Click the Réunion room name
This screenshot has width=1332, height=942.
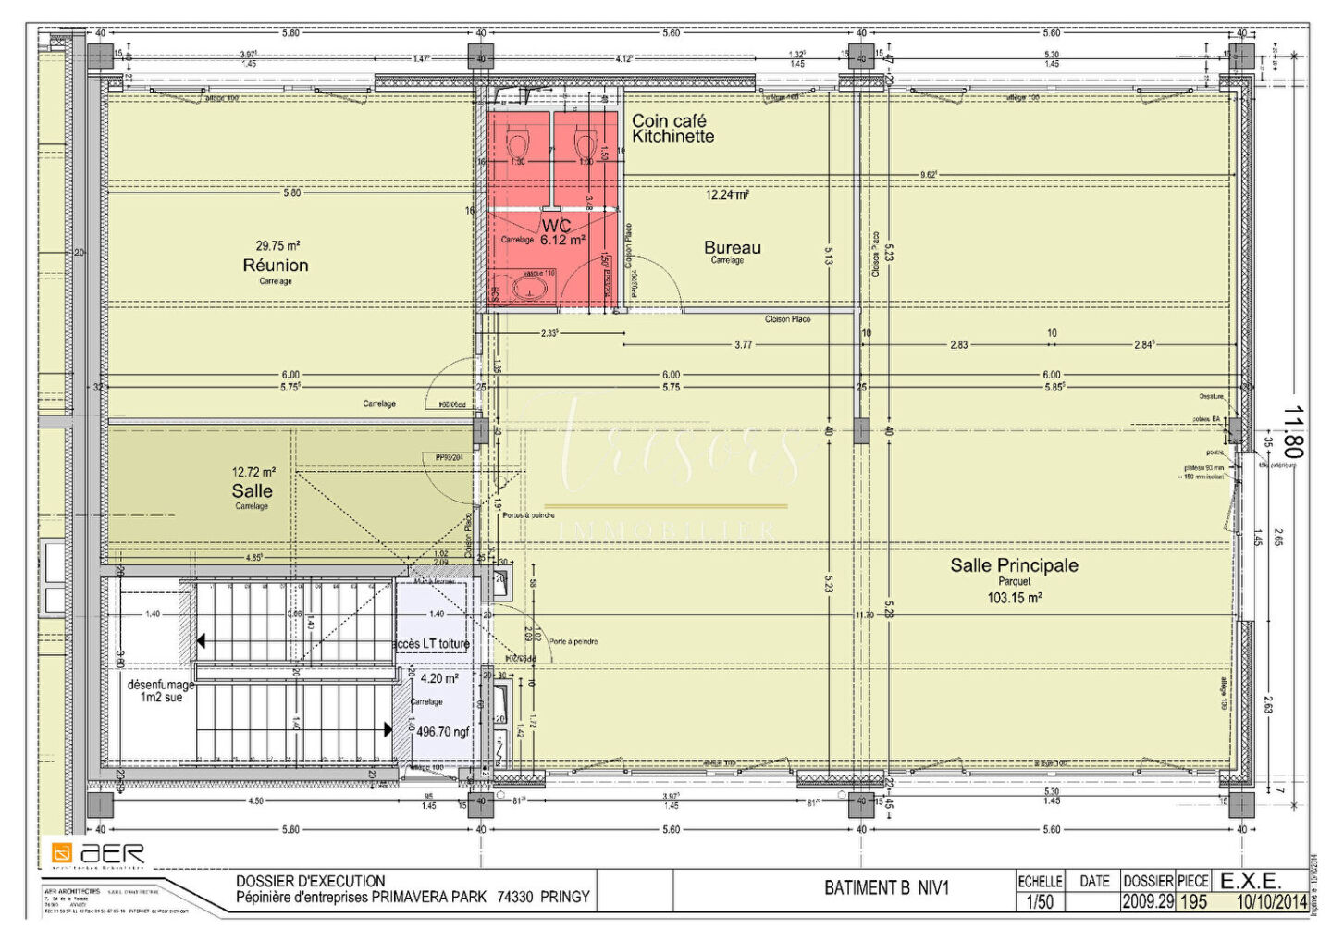[x=276, y=266]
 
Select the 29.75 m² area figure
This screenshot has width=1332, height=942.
[x=277, y=246]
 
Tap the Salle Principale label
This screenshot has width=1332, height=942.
[x=1014, y=565]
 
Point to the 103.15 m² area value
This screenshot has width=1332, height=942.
[x=1014, y=599]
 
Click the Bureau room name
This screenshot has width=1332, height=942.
[x=732, y=247]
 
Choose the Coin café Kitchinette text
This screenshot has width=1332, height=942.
[x=672, y=129]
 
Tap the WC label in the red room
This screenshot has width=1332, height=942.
[x=556, y=226]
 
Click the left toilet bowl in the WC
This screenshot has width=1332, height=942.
[x=518, y=145]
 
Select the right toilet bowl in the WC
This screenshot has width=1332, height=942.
[x=585, y=145]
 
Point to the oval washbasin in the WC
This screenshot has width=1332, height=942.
[x=529, y=289]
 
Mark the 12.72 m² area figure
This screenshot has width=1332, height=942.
[x=253, y=473]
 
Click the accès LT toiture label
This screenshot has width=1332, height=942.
[x=431, y=644]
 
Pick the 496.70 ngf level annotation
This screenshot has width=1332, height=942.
[x=443, y=732]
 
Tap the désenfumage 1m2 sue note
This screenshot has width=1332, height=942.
[x=161, y=691]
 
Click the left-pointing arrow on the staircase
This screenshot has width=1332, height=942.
[x=201, y=641]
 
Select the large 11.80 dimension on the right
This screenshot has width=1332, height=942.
[x=1293, y=432]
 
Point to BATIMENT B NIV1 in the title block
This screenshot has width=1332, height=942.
[x=886, y=888]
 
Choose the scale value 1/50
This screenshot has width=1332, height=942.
[x=1040, y=902]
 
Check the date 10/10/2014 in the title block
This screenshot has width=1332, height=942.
[x=1272, y=902]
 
